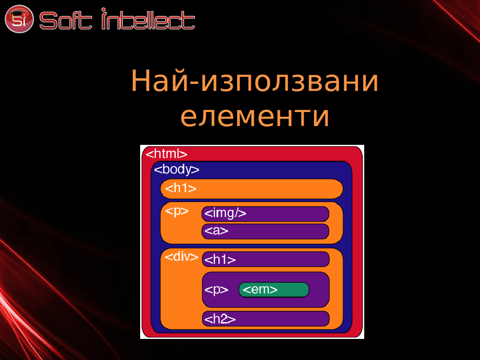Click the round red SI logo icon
point(19,19)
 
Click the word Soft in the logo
point(66,21)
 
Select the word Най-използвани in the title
point(255,81)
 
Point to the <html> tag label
point(166,154)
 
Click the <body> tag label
point(177,169)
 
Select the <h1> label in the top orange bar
point(180,188)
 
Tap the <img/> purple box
point(265,214)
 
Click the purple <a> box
point(265,231)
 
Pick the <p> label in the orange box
point(177,211)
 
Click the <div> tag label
point(181,256)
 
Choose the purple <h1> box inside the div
point(266,259)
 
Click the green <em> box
point(274,290)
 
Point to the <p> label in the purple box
point(216,290)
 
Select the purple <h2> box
point(266,319)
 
